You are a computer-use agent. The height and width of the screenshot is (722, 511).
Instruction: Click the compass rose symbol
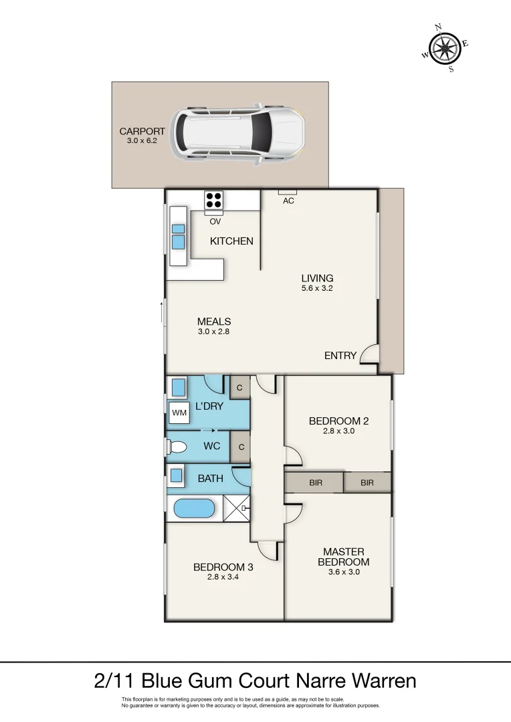click(445, 47)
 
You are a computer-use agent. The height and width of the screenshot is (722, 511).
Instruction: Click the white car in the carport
click(237, 134)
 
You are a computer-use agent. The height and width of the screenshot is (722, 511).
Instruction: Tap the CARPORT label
click(142, 132)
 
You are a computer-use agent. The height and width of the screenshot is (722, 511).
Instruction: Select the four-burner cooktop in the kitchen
click(213, 199)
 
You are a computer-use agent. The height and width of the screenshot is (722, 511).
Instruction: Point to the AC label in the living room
click(288, 201)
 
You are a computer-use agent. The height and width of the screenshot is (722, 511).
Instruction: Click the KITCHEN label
click(231, 241)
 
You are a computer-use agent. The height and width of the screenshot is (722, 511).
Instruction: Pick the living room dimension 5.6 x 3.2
click(317, 289)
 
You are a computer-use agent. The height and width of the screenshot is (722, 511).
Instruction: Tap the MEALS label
click(214, 322)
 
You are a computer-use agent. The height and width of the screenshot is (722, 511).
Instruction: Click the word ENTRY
click(340, 356)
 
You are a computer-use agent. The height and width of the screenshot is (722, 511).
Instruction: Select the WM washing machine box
click(179, 413)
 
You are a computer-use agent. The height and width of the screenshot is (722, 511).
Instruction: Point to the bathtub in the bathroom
click(194, 508)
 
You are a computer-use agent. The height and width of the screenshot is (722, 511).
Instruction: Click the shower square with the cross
click(236, 509)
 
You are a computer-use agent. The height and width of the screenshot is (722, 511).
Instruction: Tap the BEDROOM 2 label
click(338, 420)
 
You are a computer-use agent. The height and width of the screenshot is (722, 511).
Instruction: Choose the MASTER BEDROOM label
click(344, 556)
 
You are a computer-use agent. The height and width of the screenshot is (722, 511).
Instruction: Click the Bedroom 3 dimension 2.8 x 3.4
click(223, 577)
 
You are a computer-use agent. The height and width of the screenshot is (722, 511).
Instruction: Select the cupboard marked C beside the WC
click(240, 446)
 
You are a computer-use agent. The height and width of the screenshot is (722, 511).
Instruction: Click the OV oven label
click(215, 221)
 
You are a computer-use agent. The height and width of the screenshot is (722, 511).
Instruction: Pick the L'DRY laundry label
click(209, 406)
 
